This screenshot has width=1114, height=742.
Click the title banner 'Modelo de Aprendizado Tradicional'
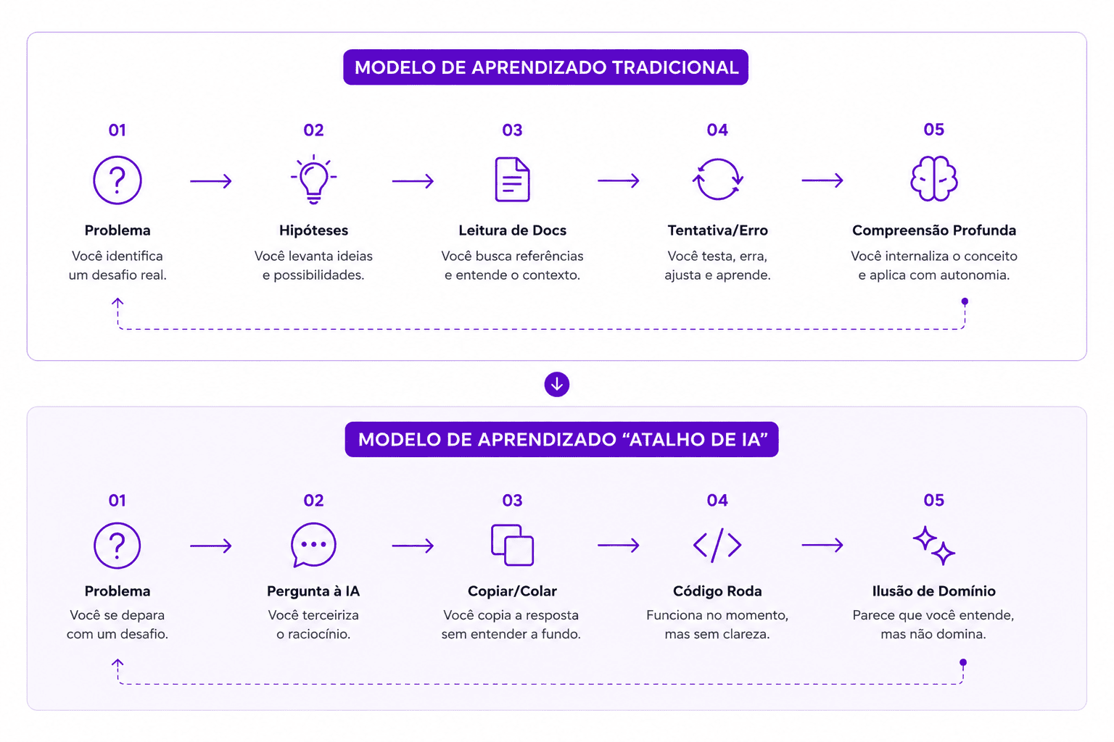545,67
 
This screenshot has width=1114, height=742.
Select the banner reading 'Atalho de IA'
561,439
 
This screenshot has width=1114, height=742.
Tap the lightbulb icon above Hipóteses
313,180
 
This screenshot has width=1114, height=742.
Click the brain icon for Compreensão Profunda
933,179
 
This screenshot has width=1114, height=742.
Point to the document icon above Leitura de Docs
512,180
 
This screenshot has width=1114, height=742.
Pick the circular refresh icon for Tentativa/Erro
717,180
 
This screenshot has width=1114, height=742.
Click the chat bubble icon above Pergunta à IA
313,545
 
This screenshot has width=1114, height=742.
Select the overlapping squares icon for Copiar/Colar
512,545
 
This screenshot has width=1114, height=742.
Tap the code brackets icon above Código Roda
717,545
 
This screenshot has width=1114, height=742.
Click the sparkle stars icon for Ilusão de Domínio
933,545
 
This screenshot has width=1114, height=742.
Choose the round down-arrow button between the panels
556,384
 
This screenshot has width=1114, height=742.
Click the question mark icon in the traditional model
117,180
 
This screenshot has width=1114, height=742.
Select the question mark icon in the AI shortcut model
117,545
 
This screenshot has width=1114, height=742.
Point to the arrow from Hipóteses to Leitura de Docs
413,181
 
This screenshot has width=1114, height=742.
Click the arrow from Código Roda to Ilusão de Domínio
822,545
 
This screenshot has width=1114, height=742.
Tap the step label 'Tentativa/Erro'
717,230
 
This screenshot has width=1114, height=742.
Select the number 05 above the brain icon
933,130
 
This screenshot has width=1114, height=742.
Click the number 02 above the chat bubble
313,501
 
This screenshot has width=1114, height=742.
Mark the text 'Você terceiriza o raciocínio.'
313,624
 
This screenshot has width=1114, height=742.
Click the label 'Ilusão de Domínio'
933,591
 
